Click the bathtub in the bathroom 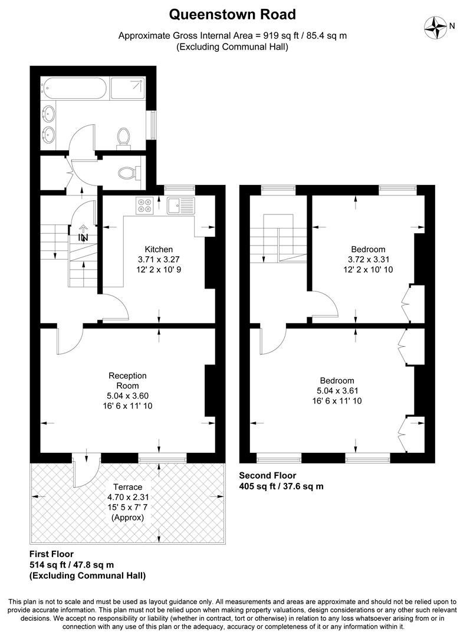click(75, 88)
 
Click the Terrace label click(128, 487)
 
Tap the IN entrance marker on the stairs click(83, 238)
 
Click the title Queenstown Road click(233, 14)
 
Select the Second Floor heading click(268, 475)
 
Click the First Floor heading click(51, 554)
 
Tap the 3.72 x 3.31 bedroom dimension click(369, 259)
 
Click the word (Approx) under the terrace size click(128, 517)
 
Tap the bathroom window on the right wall click(153, 125)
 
